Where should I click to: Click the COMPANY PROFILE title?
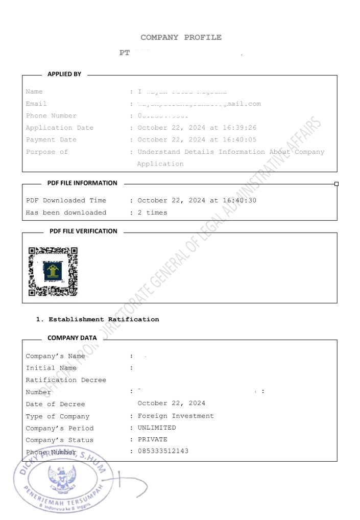pos(181,37)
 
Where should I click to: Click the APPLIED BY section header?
pos(64,74)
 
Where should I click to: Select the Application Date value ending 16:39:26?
pos(197,128)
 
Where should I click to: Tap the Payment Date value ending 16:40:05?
pos(197,139)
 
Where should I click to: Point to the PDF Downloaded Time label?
pos(66,200)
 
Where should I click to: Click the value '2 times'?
pos(152,212)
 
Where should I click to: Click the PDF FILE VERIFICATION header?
pos(83,231)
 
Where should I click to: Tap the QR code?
pos(53,271)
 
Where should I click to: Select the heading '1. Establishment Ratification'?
pos(98,319)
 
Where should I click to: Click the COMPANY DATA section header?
pos(72,338)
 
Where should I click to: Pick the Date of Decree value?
pos(171,404)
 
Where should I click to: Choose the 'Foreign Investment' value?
pos(176,416)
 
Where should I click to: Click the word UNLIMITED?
pos(157,428)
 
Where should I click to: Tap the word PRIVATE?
pos(152,439)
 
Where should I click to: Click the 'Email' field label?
pos(36,104)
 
